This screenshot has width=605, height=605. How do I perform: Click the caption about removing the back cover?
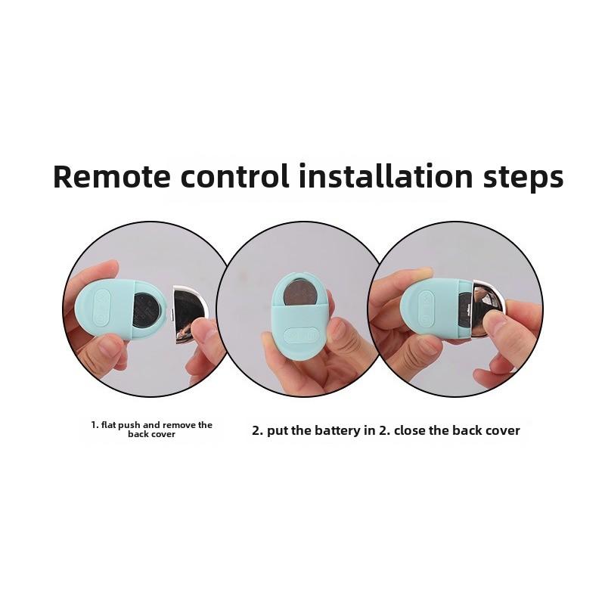(x=151, y=430)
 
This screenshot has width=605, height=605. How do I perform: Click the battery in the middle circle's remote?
(x=301, y=290)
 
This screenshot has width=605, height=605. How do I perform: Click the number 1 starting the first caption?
(x=93, y=425)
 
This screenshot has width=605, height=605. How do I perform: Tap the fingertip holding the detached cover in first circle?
(x=202, y=330)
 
